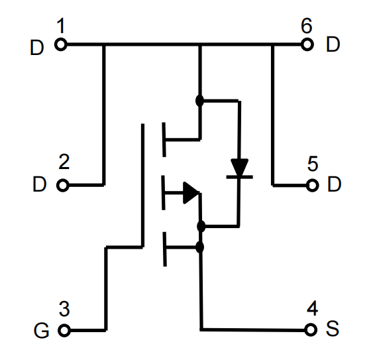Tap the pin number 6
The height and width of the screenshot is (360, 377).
[307, 26]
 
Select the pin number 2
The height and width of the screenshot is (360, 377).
[64, 162]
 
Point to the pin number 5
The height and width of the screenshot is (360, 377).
[313, 164]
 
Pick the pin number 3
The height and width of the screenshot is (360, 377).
[64, 309]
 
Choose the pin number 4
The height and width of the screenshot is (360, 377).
[312, 308]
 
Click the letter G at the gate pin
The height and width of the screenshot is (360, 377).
[42, 331]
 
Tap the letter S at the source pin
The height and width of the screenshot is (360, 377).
[333, 329]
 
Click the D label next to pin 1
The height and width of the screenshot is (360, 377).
[37, 48]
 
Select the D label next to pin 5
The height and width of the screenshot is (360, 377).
[335, 184]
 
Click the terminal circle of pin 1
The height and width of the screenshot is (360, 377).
[61, 44]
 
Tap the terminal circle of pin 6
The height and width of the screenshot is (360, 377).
[307, 44]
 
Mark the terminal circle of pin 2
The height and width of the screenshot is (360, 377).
[63, 186]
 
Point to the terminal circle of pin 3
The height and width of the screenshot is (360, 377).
[64, 330]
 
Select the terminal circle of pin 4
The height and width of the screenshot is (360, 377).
[311, 330]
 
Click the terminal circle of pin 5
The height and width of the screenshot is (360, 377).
[313, 186]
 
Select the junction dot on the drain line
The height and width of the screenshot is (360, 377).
[200, 101]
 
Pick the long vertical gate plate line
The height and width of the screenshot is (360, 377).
[142, 185]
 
